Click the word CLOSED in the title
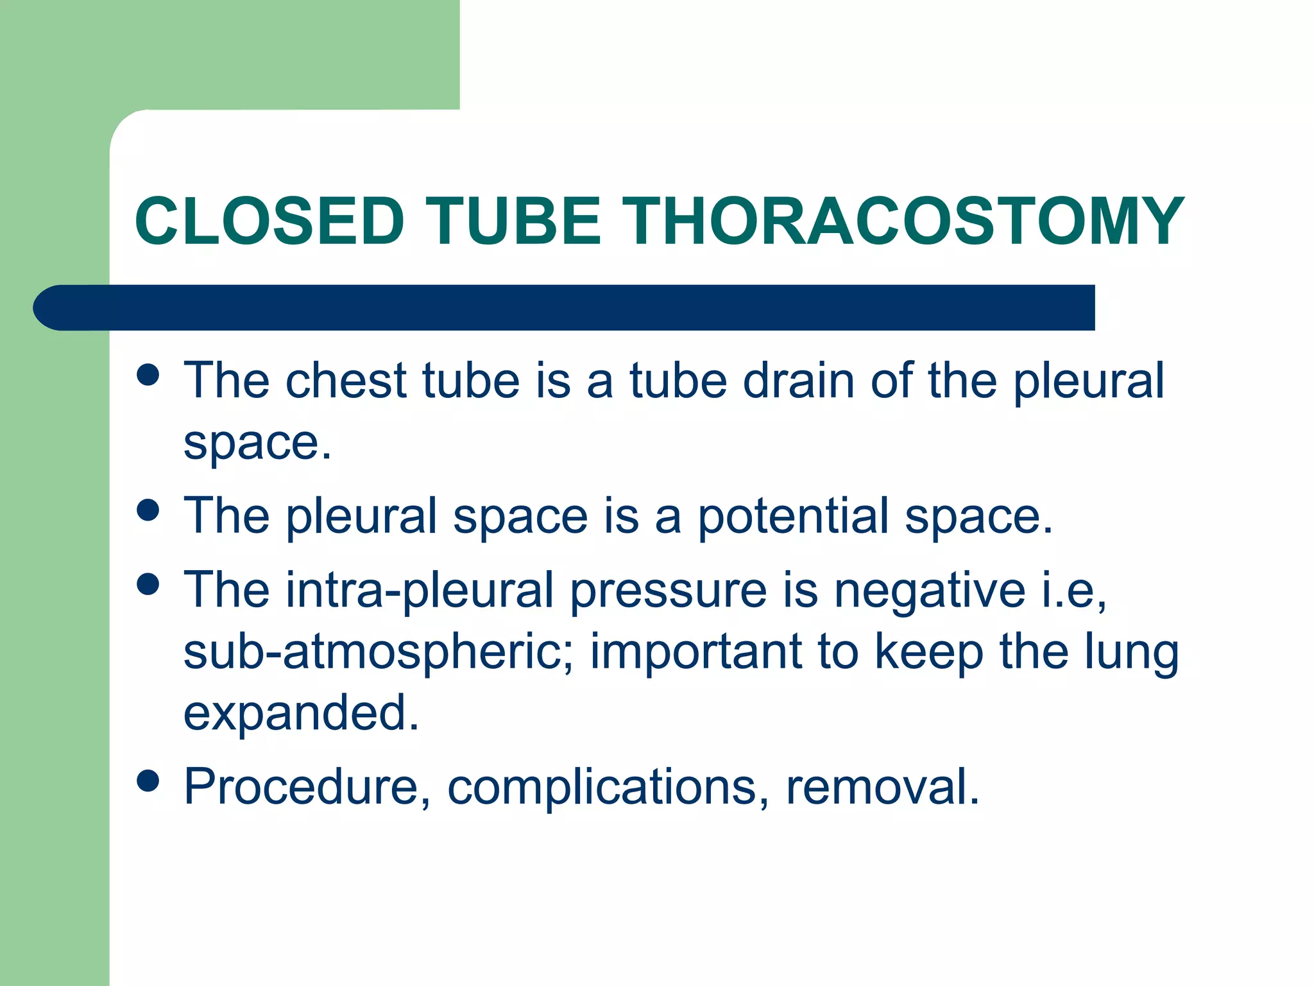point(269,221)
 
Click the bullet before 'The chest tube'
point(148,375)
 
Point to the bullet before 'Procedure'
point(148,781)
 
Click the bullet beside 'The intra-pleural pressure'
point(148,584)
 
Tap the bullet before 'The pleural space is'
point(148,510)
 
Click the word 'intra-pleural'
point(420,591)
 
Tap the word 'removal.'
point(883,787)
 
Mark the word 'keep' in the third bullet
point(929,652)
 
